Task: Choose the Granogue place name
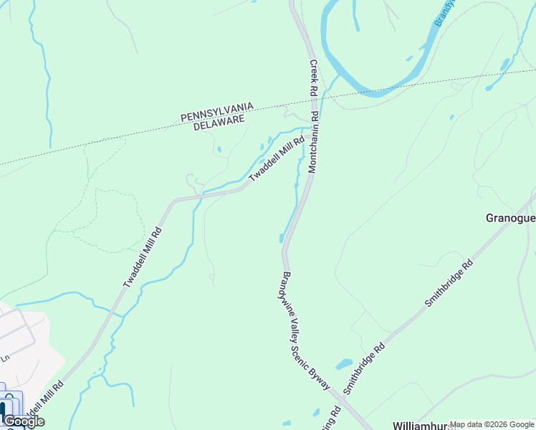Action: pos(510,217)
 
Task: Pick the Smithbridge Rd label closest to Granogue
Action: pos(449,282)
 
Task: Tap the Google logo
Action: pos(24,421)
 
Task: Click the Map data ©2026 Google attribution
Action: pos(492,425)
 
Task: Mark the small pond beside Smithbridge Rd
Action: pos(344,363)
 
